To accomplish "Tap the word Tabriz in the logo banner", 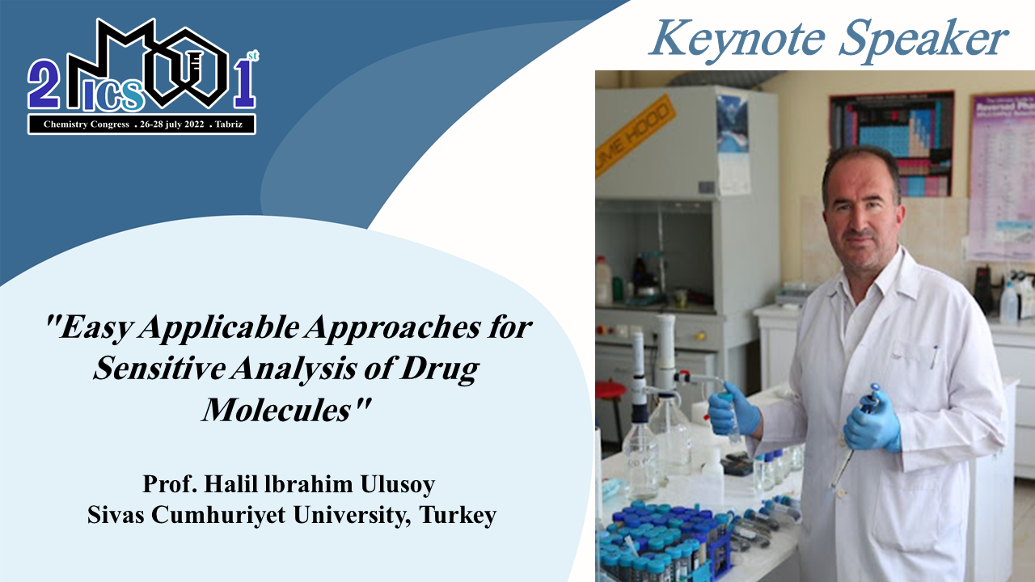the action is (x=229, y=124).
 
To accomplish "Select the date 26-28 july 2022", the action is (x=172, y=124).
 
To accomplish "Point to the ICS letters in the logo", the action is (x=114, y=95).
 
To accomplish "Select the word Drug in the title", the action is (x=439, y=369).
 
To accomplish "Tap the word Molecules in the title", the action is (x=277, y=409).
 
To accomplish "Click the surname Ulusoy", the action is (x=397, y=484).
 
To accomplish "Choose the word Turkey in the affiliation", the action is (x=458, y=515).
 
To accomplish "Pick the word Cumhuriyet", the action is (x=218, y=515).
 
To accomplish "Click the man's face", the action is (x=862, y=213).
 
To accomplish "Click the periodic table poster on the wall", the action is (x=892, y=143).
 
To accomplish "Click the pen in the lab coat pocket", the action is (x=934, y=356).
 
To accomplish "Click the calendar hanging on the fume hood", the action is (x=733, y=143).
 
